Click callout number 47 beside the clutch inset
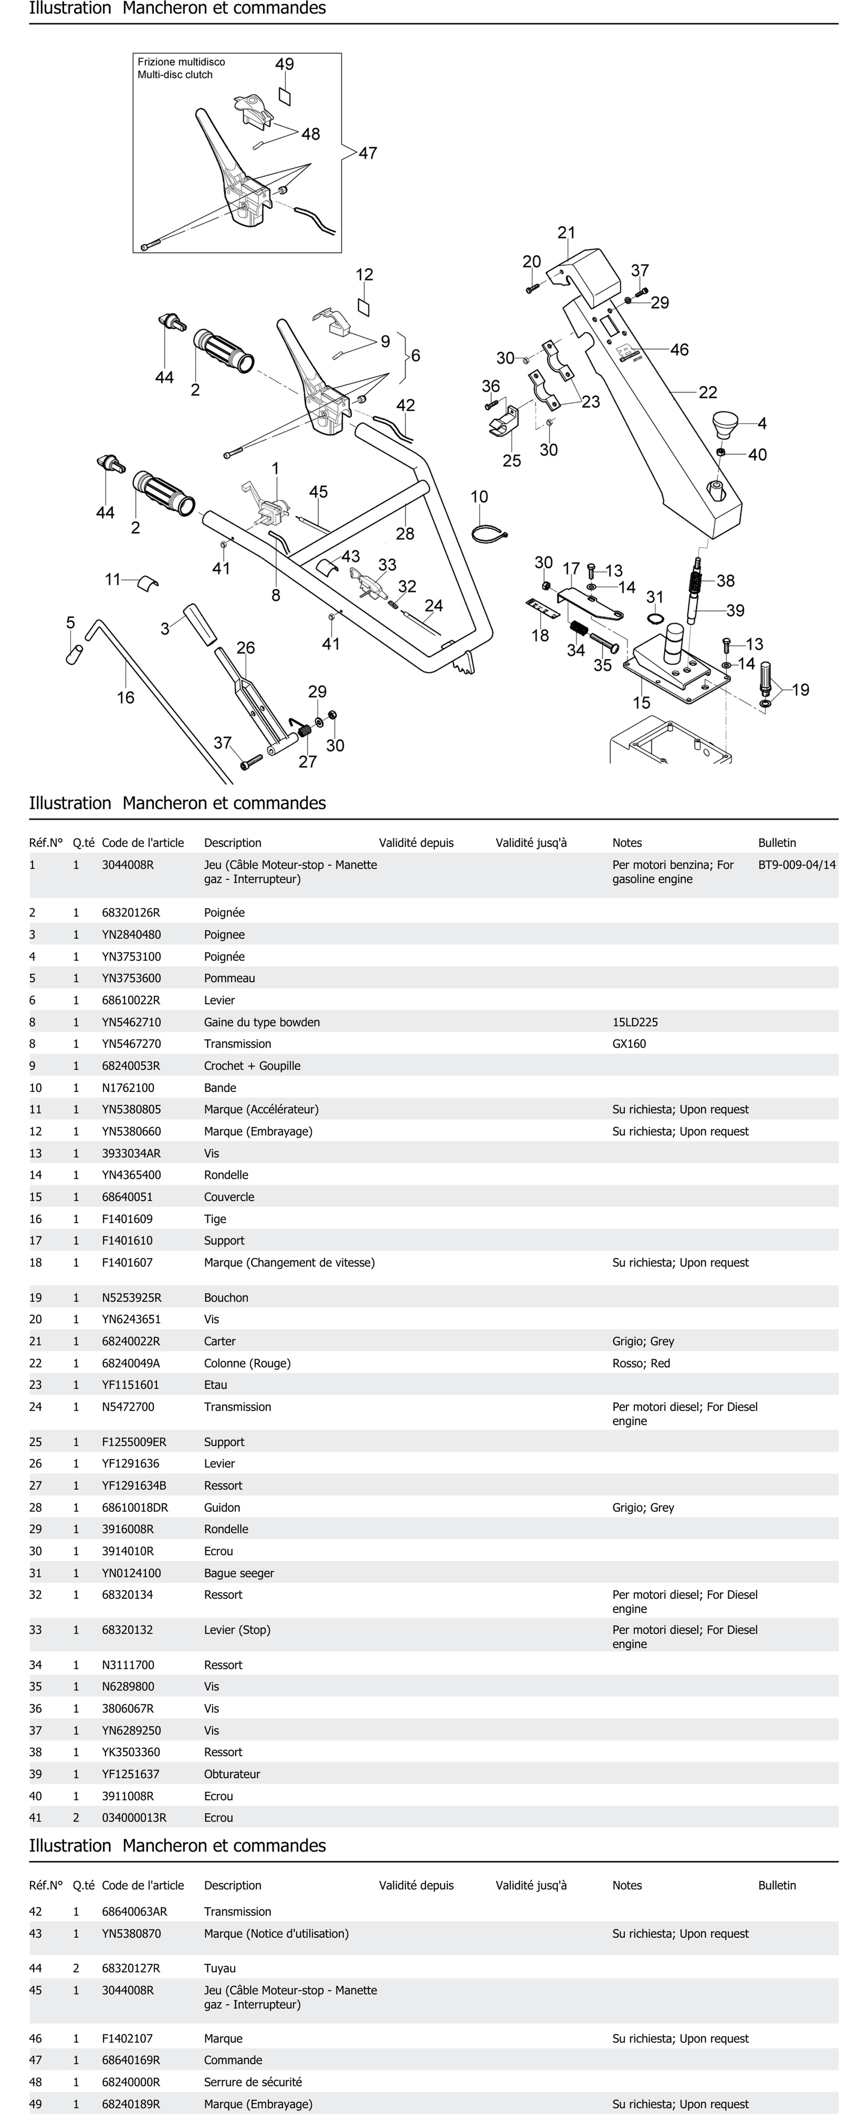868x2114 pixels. coord(368,153)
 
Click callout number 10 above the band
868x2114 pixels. coord(480,497)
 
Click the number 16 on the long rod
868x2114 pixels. coord(126,698)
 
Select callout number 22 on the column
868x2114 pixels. coord(708,392)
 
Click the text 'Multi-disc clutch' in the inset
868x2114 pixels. coord(175,75)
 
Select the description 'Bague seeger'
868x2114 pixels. coord(239,1573)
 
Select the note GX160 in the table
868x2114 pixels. coord(629,1044)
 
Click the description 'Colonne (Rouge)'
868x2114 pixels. coord(247,1363)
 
